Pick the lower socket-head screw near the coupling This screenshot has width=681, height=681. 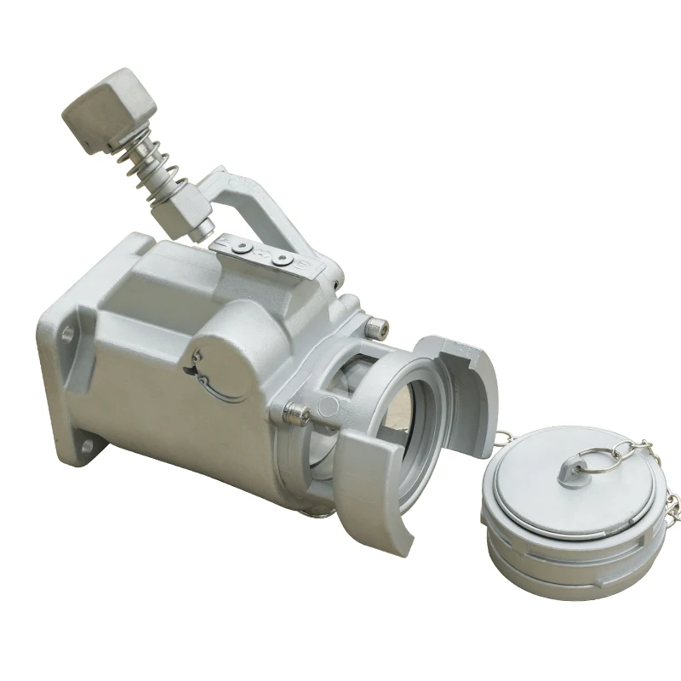pyautogui.click(x=295, y=414)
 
